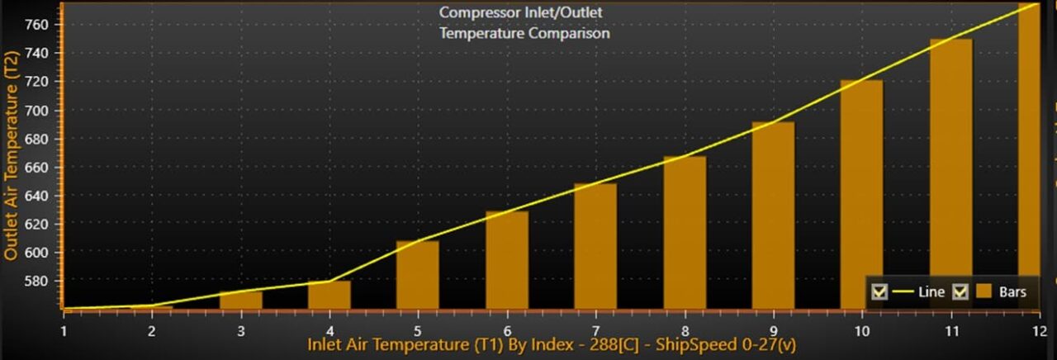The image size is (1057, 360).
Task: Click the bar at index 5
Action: tap(418, 275)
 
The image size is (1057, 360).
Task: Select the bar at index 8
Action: tap(685, 233)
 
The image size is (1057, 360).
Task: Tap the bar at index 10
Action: tap(861, 195)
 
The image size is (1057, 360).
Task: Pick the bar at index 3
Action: tap(240, 301)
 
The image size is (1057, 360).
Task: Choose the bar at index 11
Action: tap(950, 174)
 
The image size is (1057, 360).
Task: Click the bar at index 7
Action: tap(595, 246)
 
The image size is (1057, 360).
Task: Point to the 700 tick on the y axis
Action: tap(60, 111)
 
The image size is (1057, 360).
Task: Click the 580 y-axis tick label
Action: tap(36, 282)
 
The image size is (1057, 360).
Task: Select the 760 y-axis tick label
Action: tap(36, 25)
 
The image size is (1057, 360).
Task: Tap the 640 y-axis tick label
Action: tap(36, 196)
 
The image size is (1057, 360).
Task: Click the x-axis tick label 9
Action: tap(774, 331)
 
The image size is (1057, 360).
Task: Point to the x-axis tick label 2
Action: tap(151, 331)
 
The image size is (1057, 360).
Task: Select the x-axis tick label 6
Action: tap(507, 331)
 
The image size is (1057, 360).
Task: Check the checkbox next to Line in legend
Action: tap(879, 292)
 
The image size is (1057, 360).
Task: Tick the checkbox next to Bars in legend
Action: tap(960, 292)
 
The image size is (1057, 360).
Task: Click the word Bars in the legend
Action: tap(1012, 292)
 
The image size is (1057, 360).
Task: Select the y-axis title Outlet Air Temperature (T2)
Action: tap(11, 156)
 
